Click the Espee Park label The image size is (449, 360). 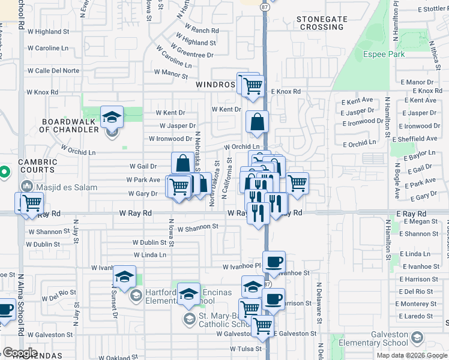coord(384,55)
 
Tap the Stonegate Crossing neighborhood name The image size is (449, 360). coord(321,23)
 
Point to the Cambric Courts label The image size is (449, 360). coord(37,166)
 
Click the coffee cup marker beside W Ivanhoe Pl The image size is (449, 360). coord(274,262)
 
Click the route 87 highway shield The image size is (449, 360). coord(265,6)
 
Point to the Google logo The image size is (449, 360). coord(20,353)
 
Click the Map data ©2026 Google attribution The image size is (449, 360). coord(412,355)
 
